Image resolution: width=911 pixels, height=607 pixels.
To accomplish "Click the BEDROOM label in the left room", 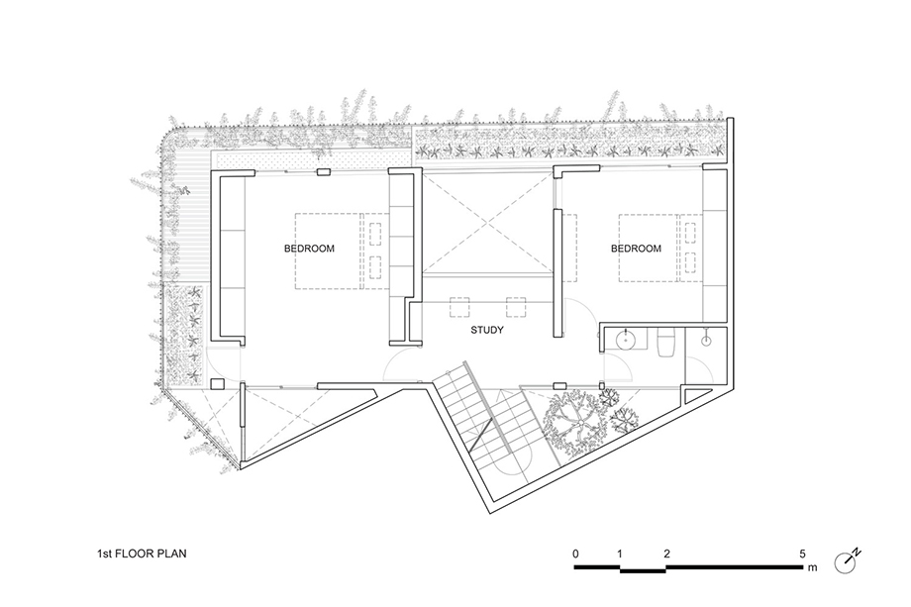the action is [309, 249].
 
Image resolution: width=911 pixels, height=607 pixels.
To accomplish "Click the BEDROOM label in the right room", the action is [636, 249].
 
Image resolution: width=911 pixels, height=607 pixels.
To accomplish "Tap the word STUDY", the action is [487, 330].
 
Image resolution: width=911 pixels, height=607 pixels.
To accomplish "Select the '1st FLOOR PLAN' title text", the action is [142, 554].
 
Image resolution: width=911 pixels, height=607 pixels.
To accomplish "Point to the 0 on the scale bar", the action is [575, 554].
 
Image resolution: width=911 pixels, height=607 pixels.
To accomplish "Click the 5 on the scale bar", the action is [802, 554].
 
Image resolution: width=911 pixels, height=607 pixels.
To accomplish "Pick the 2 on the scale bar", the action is [666, 554].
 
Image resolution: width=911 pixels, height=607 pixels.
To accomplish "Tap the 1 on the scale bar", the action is [620, 554].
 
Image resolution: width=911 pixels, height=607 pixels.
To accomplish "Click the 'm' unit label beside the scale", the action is [812, 567].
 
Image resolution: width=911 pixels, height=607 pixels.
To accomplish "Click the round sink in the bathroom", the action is [626, 340].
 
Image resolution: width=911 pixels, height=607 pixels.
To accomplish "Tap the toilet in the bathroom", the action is [664, 343].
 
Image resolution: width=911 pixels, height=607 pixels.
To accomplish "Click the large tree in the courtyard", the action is [575, 422].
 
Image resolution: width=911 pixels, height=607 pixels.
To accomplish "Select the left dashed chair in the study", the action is [459, 307].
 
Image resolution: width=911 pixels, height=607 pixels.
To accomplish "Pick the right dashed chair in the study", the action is [515, 307].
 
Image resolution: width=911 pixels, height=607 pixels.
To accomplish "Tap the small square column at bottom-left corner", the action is [218, 384].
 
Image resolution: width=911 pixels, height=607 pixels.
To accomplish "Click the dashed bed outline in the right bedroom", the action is [648, 248].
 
